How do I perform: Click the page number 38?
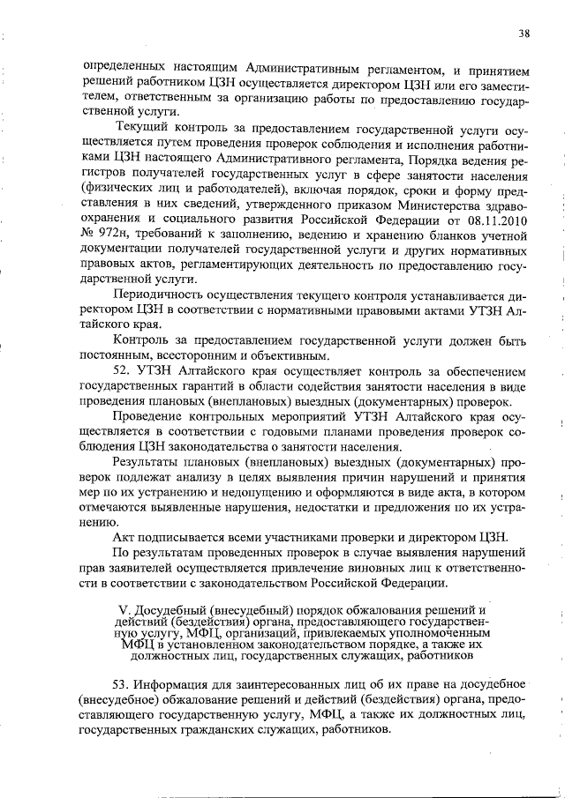524,34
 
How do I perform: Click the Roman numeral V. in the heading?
124,610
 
